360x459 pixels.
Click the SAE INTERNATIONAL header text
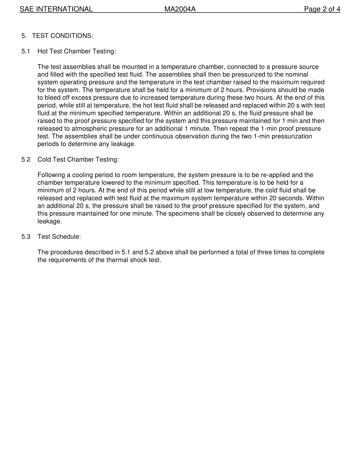[x=56, y=9]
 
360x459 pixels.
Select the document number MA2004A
[x=180, y=9]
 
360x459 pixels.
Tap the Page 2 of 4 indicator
[x=322, y=9]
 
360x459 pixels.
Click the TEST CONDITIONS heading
[x=63, y=36]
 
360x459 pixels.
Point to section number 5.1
[x=26, y=51]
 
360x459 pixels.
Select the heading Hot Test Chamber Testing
[x=77, y=51]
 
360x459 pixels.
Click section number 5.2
[x=26, y=160]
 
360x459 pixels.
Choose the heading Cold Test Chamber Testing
[x=78, y=160]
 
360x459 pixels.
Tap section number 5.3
[x=26, y=237]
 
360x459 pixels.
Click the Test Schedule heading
[x=59, y=237]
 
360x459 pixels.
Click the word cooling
[x=83, y=175]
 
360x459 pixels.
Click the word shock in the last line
[x=133, y=260]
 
